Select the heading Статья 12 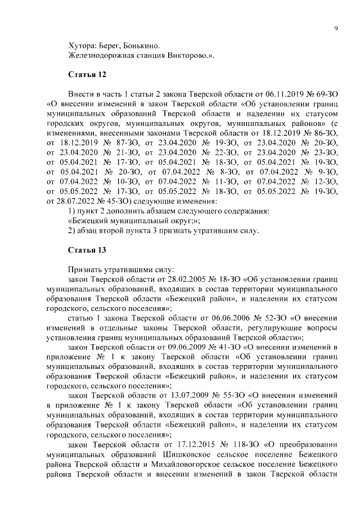(x=87, y=74)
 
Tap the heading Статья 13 (x=87, y=250)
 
